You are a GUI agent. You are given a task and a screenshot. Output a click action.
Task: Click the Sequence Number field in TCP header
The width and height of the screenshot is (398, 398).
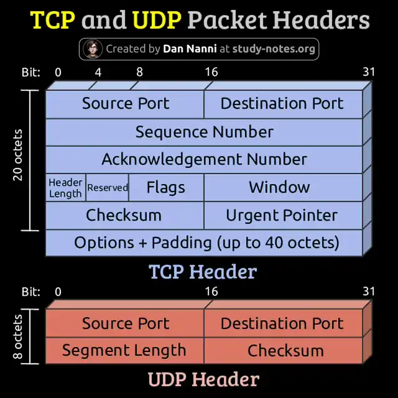[204, 132]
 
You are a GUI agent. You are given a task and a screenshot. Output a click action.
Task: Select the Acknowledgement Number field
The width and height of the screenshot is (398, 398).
[204, 159]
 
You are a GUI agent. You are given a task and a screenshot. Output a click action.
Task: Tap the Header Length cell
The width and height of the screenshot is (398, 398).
[65, 188]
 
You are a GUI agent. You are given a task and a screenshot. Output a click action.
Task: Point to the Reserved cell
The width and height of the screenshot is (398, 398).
[107, 187]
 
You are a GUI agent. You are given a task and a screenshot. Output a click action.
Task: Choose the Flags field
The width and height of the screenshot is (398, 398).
[165, 187]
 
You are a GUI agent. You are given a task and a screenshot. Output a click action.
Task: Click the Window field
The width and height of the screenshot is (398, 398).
[279, 187]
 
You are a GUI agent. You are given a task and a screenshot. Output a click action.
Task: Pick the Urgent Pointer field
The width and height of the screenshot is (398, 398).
[282, 215]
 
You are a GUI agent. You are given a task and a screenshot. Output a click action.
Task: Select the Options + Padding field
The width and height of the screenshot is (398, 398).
[206, 242]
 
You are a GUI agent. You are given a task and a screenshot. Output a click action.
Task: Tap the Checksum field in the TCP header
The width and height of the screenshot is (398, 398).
[124, 215]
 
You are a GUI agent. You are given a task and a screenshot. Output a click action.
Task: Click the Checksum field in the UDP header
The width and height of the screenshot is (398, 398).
[285, 350]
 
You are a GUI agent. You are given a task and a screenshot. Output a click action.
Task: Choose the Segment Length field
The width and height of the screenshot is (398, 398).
[124, 350]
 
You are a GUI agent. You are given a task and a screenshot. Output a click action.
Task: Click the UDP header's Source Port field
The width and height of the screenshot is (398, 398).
[125, 323]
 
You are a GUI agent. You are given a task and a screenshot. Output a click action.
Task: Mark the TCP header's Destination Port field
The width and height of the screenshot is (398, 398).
[282, 103]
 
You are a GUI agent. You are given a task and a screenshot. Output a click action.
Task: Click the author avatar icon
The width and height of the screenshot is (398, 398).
[92, 49]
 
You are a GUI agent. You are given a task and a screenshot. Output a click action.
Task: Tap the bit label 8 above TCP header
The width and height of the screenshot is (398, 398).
[139, 72]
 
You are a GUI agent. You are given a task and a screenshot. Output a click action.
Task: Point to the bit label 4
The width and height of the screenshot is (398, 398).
[98, 72]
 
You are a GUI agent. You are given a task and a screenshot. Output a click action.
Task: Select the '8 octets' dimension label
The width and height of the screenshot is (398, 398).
[17, 337]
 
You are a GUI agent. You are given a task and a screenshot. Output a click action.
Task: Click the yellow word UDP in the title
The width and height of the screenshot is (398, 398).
[157, 21]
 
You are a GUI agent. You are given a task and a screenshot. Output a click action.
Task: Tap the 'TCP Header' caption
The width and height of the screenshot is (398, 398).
[203, 272]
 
